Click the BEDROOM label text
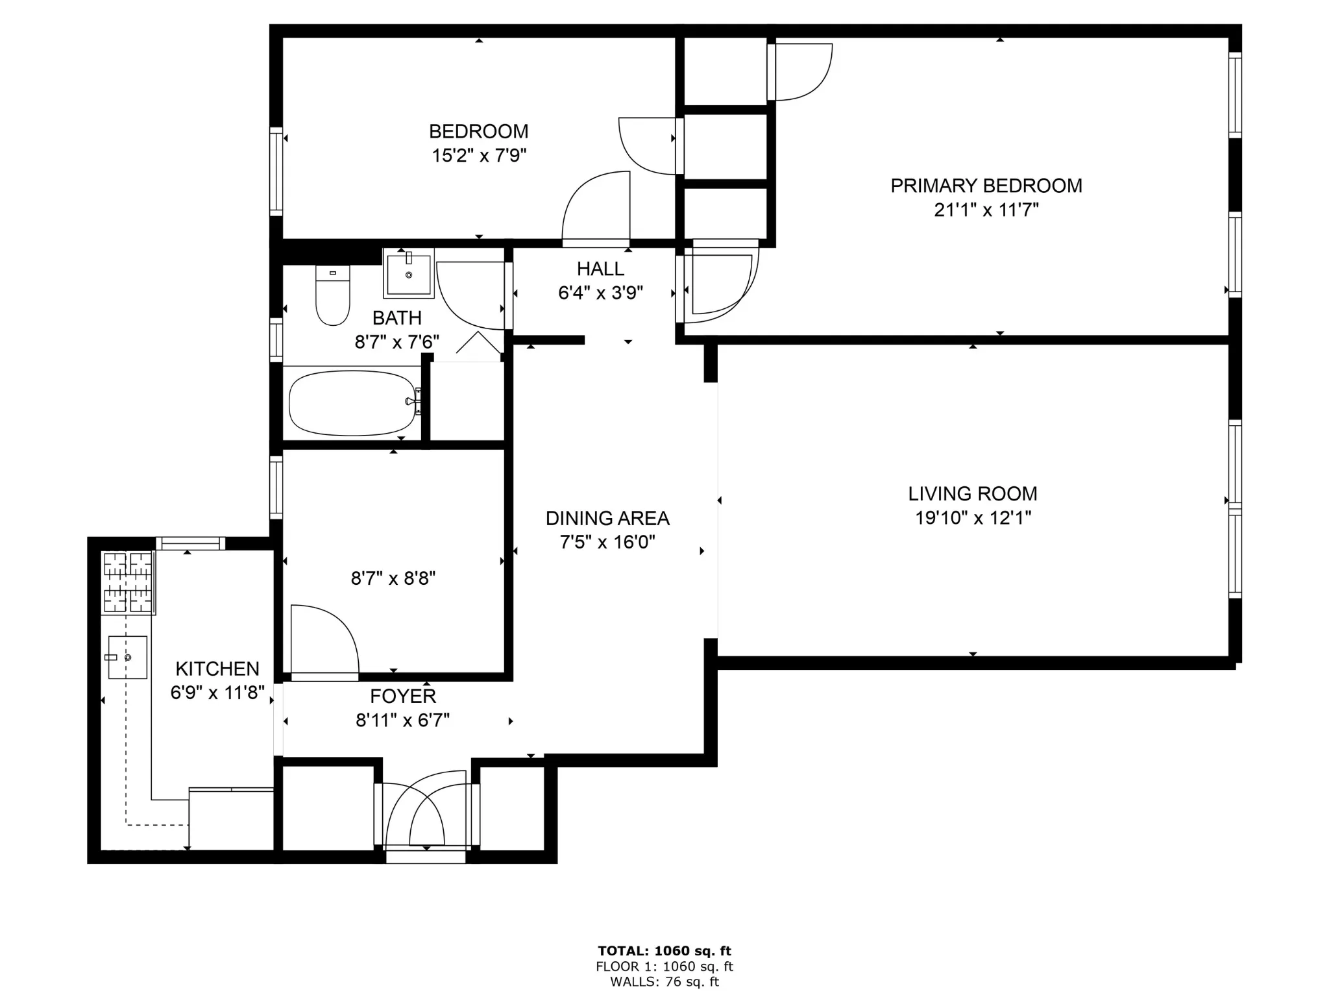point(478,131)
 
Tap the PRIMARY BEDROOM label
point(986,186)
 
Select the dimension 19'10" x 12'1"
point(973,518)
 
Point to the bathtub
point(352,403)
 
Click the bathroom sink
point(408,273)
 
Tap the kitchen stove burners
point(128,582)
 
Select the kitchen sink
point(127,657)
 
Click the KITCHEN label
point(217,669)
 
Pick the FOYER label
point(402,696)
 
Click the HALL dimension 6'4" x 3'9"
point(600,293)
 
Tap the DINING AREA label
point(607,518)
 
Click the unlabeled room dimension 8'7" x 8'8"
point(393,578)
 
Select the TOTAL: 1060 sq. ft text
point(664,951)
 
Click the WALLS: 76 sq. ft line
point(664,982)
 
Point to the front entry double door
point(426,818)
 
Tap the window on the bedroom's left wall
point(276,171)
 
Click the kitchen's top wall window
point(190,543)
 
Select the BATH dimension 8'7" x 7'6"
point(396,342)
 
